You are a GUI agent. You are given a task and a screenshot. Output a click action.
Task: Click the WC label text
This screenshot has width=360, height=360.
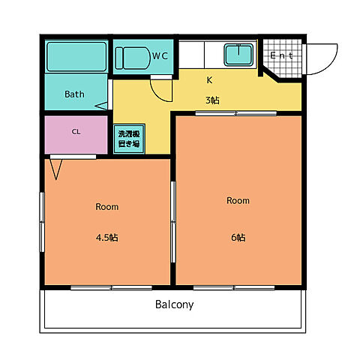(x=160, y=55)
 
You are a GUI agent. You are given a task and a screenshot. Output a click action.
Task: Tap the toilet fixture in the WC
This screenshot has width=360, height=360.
(x=133, y=58)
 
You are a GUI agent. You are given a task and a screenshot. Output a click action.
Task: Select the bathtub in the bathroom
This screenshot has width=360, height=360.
(x=76, y=56)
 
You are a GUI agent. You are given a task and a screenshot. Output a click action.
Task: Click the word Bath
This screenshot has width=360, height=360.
(x=74, y=94)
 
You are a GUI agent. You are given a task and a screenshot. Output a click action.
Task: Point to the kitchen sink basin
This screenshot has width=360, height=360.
(x=238, y=55)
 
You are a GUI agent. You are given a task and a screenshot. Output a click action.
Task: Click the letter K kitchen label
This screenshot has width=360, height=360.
(x=209, y=80)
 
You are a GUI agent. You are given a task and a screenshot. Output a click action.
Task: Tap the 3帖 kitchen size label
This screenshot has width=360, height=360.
(x=212, y=100)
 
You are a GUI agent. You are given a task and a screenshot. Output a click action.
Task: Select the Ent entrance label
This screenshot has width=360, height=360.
(x=282, y=55)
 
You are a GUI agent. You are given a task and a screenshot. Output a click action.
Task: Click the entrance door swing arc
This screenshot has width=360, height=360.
(x=328, y=65)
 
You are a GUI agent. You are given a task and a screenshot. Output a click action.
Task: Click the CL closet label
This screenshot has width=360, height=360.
(x=76, y=132)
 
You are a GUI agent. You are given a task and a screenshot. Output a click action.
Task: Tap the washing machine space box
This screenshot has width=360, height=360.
(x=129, y=139)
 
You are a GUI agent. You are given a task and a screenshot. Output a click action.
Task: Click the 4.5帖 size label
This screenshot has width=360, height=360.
(x=107, y=237)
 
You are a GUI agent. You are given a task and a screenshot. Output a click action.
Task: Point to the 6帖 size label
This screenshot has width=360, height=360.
(x=238, y=237)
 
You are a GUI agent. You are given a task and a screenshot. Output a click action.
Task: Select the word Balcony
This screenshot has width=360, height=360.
(x=175, y=304)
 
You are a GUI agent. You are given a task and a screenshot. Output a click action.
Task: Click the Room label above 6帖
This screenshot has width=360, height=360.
(x=238, y=200)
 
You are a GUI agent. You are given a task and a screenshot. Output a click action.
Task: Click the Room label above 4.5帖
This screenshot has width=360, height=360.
(x=107, y=207)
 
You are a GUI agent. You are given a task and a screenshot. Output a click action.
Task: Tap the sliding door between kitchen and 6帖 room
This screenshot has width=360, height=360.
(x=236, y=113)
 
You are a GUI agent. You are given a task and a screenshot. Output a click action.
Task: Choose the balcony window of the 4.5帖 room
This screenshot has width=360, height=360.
(x=111, y=288)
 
